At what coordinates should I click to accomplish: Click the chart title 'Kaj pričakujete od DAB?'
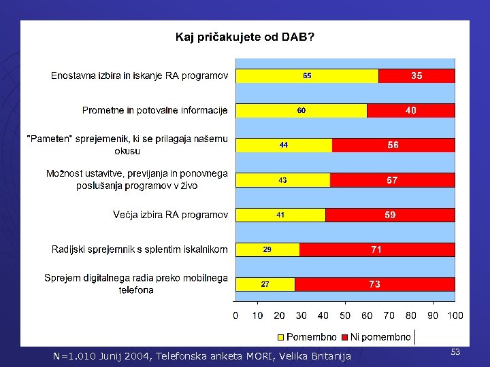(245, 37)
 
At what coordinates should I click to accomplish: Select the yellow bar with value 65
(307, 76)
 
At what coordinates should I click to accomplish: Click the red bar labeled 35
(416, 76)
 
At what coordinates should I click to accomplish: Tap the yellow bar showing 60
(301, 110)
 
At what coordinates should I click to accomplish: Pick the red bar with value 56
(393, 145)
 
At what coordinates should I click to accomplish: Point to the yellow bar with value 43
(282, 180)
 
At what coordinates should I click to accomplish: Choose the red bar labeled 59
(390, 215)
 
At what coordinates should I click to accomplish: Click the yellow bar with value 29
(267, 249)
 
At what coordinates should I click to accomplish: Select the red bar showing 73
(374, 285)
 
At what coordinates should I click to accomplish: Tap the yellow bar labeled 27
(265, 285)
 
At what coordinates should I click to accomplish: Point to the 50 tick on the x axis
(345, 315)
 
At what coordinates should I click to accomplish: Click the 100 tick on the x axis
(455, 315)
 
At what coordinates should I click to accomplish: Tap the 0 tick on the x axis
(235, 315)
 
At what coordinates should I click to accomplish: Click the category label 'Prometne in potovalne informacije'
(155, 110)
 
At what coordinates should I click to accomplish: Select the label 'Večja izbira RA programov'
(170, 215)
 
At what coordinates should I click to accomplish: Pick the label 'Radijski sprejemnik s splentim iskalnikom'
(140, 249)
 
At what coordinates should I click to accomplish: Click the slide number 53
(455, 351)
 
